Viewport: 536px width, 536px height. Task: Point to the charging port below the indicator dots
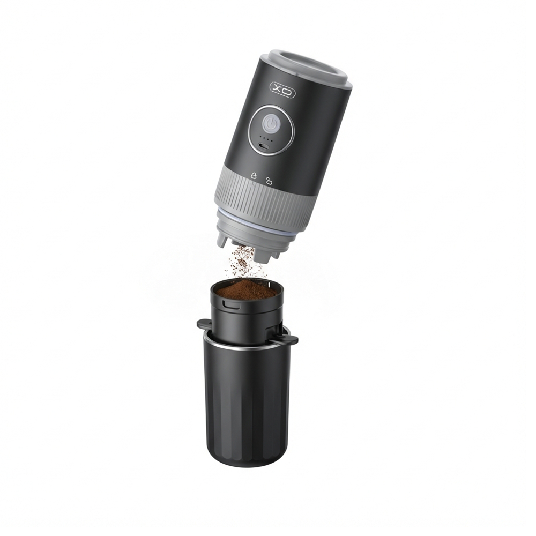[x=264, y=147]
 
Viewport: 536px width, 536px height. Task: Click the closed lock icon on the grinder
[x=254, y=175]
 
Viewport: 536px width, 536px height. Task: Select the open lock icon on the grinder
[x=270, y=180]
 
